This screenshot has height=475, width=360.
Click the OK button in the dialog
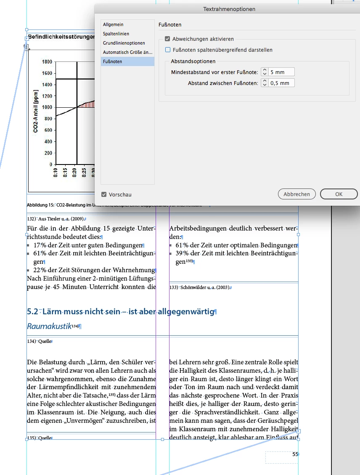point(339,194)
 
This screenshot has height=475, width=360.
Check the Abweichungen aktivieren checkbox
point(167,39)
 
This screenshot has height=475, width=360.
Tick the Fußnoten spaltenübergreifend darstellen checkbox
point(167,50)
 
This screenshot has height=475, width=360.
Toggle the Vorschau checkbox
point(104,194)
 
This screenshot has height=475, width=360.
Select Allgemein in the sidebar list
point(113,25)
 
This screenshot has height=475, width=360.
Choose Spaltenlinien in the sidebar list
point(116,34)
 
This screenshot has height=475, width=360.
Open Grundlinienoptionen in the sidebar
point(124,43)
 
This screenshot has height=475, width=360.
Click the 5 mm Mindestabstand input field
point(282,72)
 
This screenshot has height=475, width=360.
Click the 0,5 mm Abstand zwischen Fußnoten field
point(282,83)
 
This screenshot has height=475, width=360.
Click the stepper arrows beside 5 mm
point(265,72)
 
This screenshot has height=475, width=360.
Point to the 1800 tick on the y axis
point(47,62)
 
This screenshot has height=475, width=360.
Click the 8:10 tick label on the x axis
point(56,172)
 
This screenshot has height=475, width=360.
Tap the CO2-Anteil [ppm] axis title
point(36,111)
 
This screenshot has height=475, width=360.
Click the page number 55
point(295,454)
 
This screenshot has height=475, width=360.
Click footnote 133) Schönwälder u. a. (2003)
point(200,287)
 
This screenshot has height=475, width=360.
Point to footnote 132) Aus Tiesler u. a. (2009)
point(56,219)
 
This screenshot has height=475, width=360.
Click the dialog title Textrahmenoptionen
point(229,9)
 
